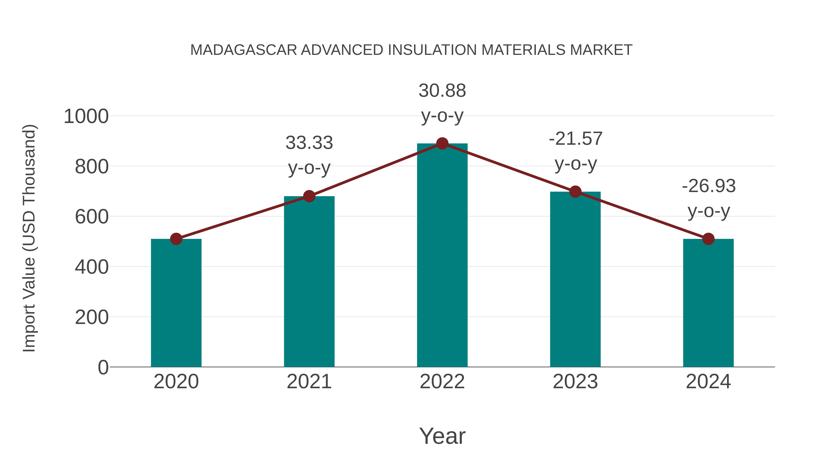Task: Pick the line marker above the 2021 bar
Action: point(309,196)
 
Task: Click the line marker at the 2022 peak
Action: point(442,143)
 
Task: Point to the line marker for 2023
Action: point(575,192)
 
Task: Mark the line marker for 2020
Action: point(176,239)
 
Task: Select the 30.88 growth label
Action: point(442,103)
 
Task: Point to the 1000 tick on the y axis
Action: point(86,116)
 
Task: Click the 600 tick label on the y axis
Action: point(91,217)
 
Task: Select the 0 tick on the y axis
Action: point(103,367)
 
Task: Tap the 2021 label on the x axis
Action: point(309,382)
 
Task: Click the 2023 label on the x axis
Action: point(575,382)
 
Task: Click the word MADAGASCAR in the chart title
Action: point(243,50)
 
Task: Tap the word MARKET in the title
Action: point(601,50)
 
